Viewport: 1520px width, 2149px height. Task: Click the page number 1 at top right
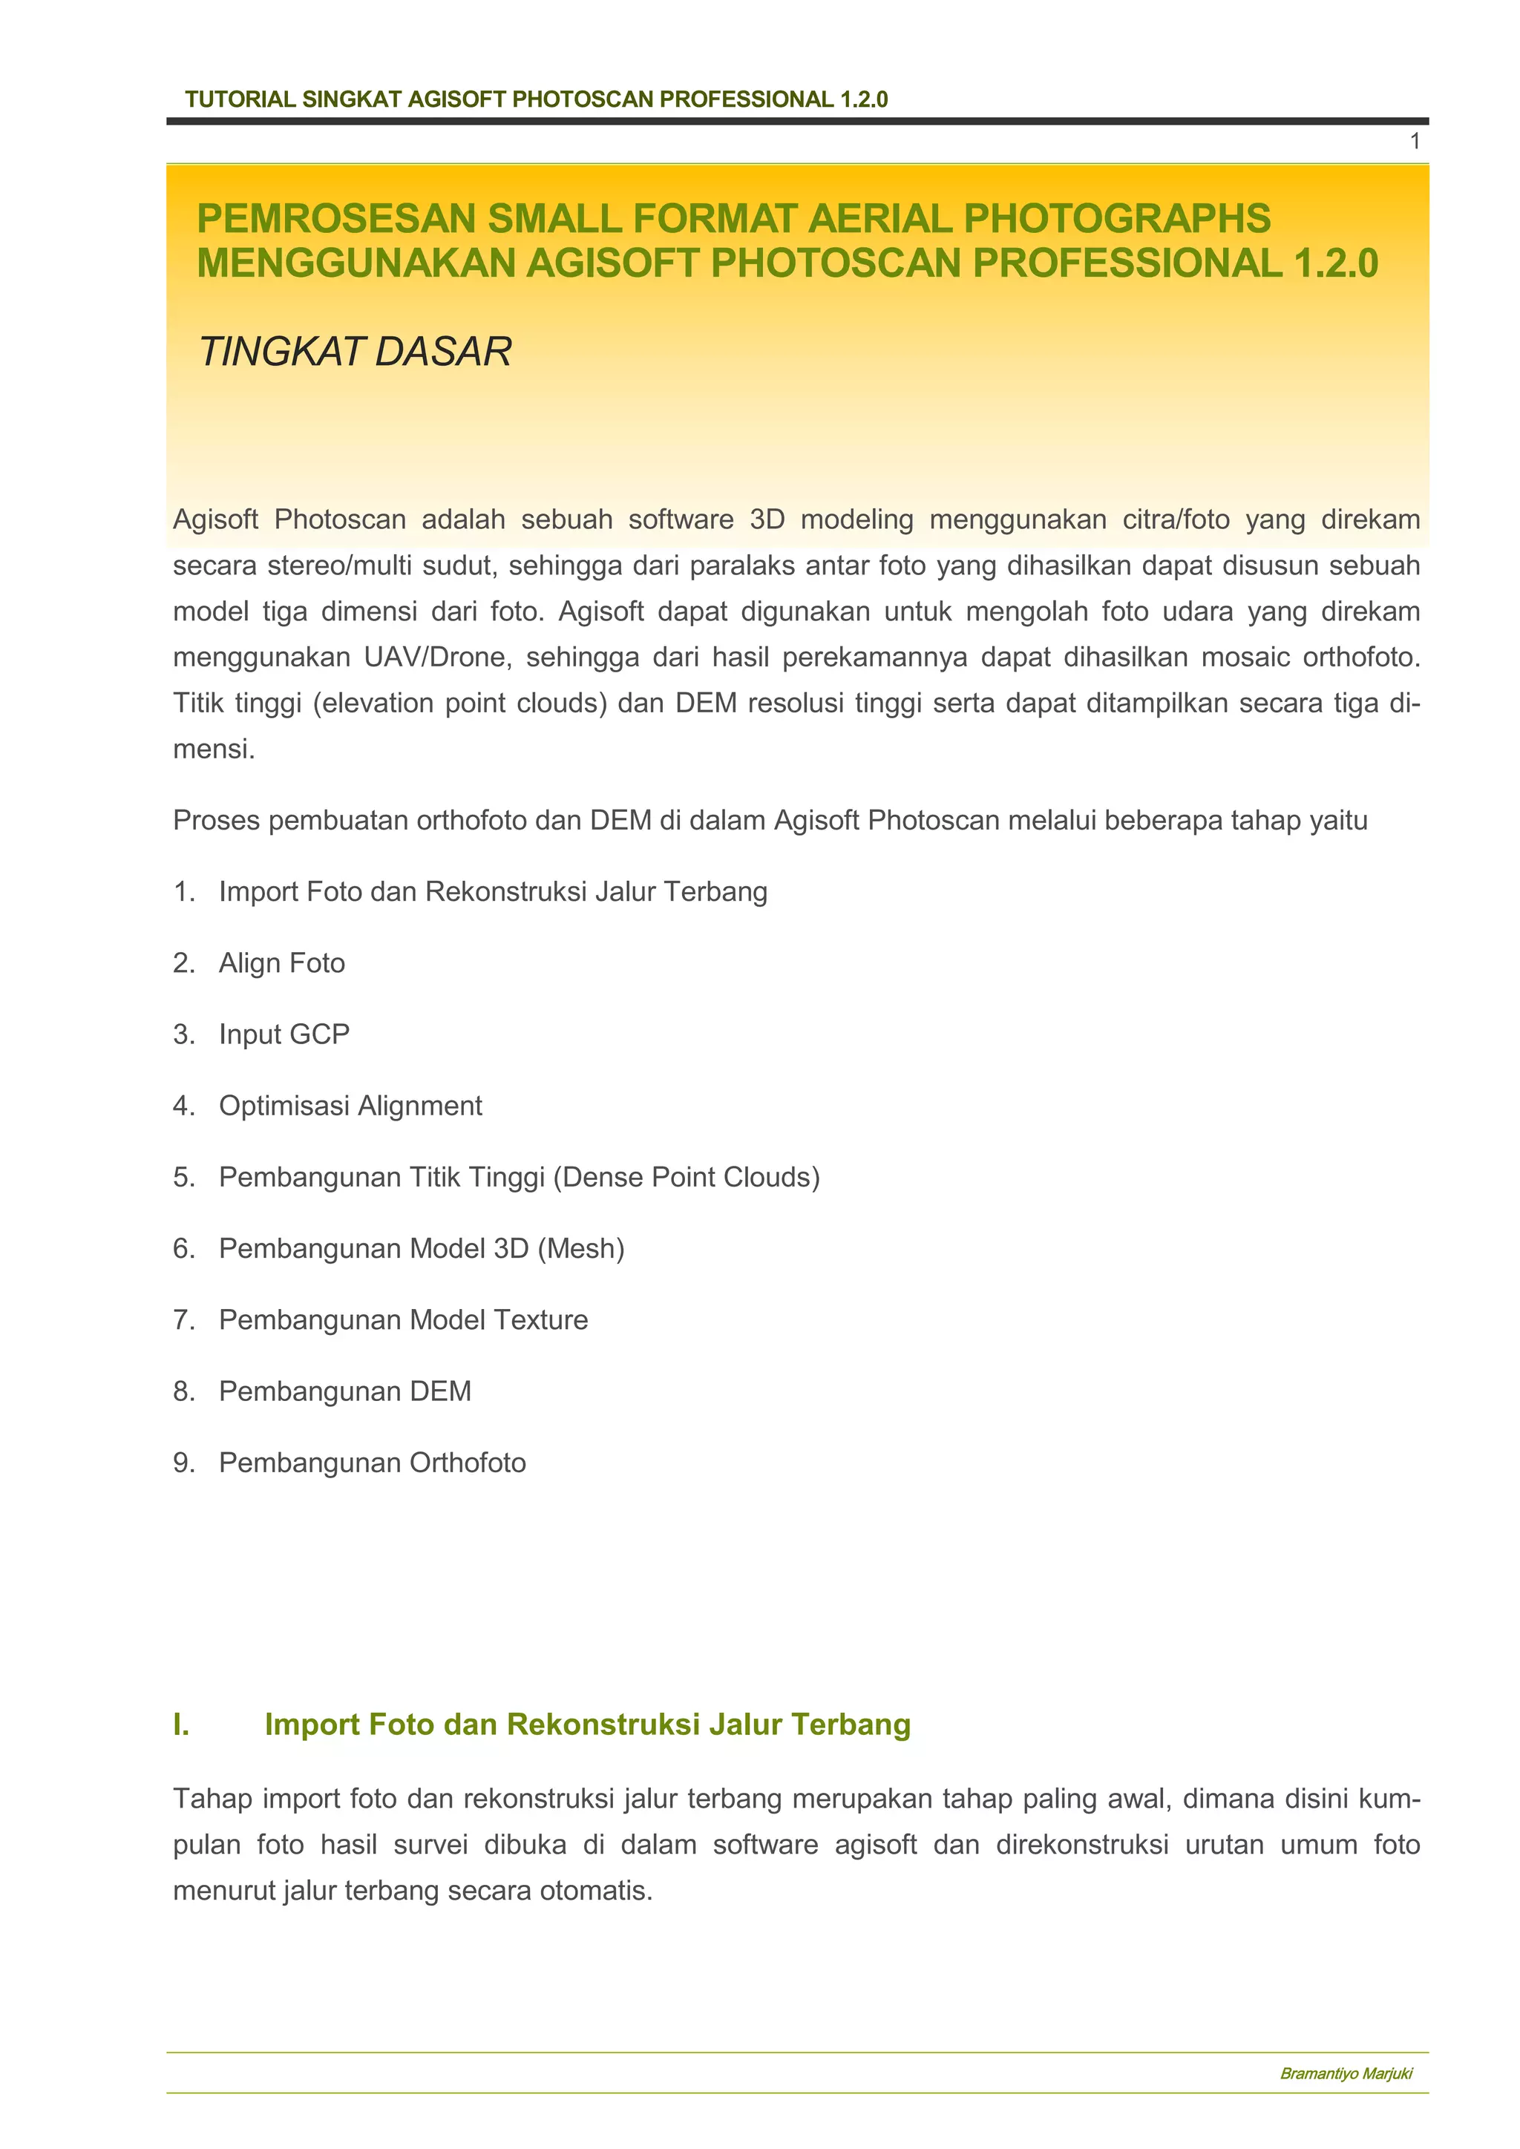click(x=1414, y=141)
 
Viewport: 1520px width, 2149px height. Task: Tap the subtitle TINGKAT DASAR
click(x=356, y=352)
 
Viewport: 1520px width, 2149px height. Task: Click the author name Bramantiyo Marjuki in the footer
click(x=1345, y=2074)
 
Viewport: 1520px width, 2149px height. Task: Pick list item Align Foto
click(x=282, y=963)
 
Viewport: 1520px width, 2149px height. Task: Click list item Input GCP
click(x=284, y=1034)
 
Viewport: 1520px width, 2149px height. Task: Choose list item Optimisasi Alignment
click(x=350, y=1106)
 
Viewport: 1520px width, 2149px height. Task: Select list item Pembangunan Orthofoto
click(x=372, y=1463)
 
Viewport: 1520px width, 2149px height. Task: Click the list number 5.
click(x=183, y=1178)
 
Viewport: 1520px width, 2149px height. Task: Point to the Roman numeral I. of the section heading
click(x=182, y=1724)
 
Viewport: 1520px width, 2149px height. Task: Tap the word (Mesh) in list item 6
click(x=580, y=1249)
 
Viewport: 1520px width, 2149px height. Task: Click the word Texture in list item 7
click(x=541, y=1319)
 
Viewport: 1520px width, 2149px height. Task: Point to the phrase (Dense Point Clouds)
click(x=686, y=1178)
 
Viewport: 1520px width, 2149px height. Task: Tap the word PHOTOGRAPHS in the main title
click(x=1116, y=218)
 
